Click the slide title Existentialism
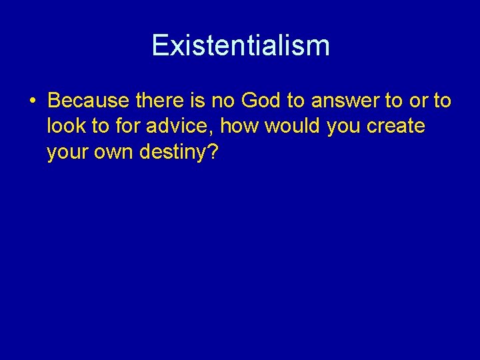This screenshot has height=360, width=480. (240, 45)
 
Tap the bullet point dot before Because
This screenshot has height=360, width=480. (33, 101)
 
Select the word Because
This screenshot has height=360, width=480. (89, 101)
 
